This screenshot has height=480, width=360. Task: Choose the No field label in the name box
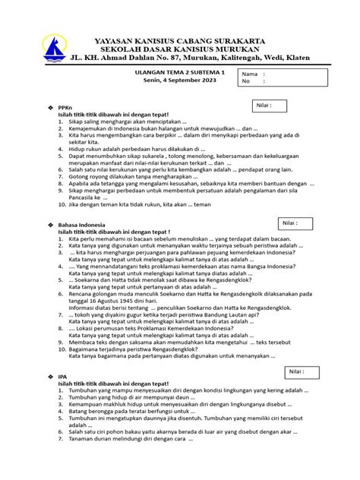point(247,81)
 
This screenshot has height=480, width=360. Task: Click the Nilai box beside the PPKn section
point(285,106)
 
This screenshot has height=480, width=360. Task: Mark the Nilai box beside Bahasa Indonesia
point(295,204)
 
